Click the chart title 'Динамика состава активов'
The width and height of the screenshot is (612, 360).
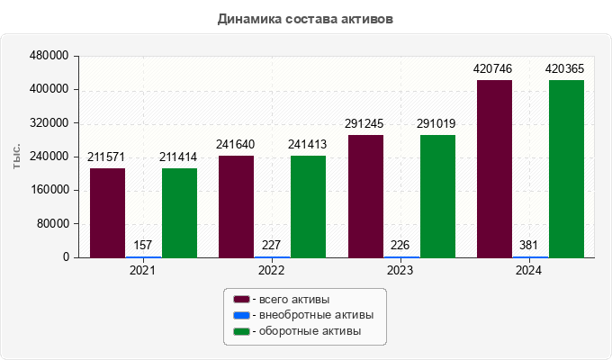[x=305, y=19]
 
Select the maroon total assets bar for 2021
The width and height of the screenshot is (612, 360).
[x=107, y=212]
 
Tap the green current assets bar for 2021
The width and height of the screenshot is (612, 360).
[x=179, y=212]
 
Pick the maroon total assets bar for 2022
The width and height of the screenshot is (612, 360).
[x=236, y=206]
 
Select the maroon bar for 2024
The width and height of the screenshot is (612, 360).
[x=494, y=168]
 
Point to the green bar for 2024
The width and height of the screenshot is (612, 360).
[x=566, y=168]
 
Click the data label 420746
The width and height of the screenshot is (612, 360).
[x=494, y=68]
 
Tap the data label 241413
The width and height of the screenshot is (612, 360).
[x=308, y=144]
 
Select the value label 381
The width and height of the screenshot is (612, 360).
[x=530, y=245]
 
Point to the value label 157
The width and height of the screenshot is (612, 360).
[x=143, y=245]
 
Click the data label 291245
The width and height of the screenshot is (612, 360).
[x=364, y=123]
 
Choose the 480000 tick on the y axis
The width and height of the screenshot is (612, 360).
[x=50, y=56]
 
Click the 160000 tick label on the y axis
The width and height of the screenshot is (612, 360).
[x=50, y=190]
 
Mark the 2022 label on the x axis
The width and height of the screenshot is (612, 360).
[x=271, y=270]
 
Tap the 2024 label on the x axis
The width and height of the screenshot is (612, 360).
[x=529, y=270]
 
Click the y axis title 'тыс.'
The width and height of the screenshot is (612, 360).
[x=16, y=157]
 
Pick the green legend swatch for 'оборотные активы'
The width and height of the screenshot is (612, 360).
[x=241, y=332]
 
